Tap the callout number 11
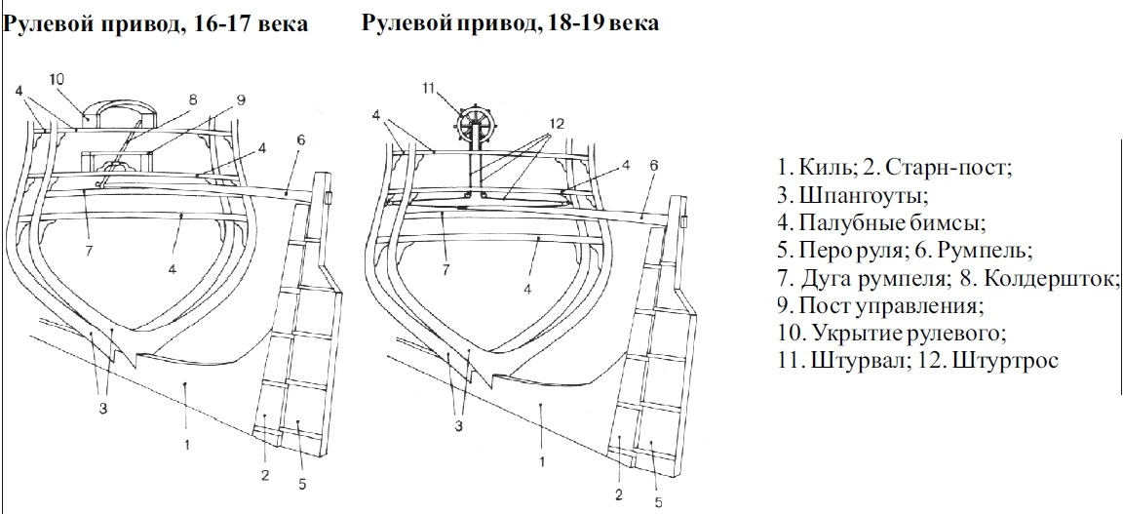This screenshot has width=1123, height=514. click(x=428, y=89)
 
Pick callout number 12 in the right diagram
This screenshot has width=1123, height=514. click(x=556, y=125)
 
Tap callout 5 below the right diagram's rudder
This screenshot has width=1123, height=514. click(x=658, y=502)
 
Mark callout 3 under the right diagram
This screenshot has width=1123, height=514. click(x=456, y=424)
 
